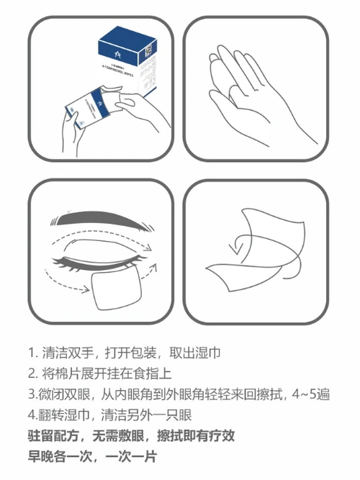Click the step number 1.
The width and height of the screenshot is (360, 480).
pyautogui.click(x=32, y=353)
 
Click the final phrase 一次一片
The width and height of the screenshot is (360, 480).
pyautogui.click(x=131, y=457)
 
